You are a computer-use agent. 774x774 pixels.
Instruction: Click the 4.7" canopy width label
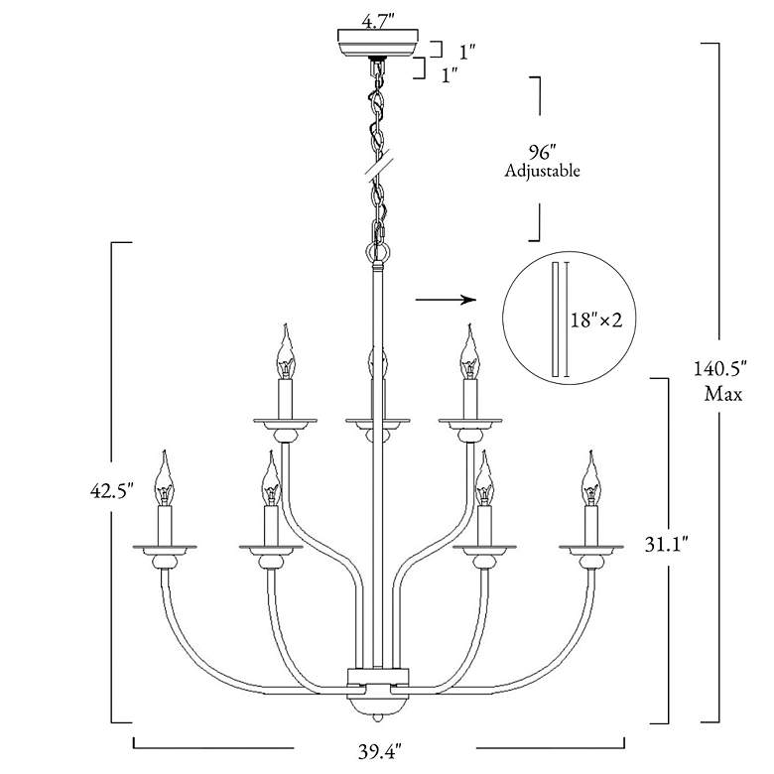tap(378, 22)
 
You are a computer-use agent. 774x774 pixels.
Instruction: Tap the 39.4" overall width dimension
tap(378, 752)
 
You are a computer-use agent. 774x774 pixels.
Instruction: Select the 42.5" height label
tap(112, 490)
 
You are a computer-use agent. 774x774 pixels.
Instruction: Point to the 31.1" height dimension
tap(667, 545)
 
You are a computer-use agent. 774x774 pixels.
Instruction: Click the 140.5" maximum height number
tap(720, 369)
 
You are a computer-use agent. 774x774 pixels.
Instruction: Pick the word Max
tap(723, 394)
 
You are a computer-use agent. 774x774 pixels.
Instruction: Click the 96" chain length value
tap(543, 152)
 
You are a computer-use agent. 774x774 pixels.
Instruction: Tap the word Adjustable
tap(542, 171)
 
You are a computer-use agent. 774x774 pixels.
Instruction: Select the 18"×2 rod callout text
tap(596, 320)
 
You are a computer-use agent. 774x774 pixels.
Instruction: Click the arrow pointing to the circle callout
tap(446, 300)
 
